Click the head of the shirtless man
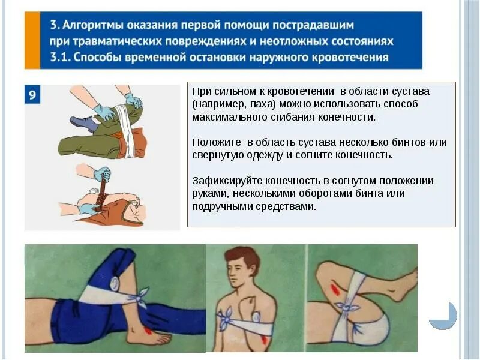click(x=243, y=267)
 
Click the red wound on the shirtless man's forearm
click(x=264, y=339)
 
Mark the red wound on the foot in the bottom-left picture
click(x=148, y=329)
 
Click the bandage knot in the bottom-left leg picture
click(x=142, y=296)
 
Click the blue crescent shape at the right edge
click(x=445, y=317)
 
